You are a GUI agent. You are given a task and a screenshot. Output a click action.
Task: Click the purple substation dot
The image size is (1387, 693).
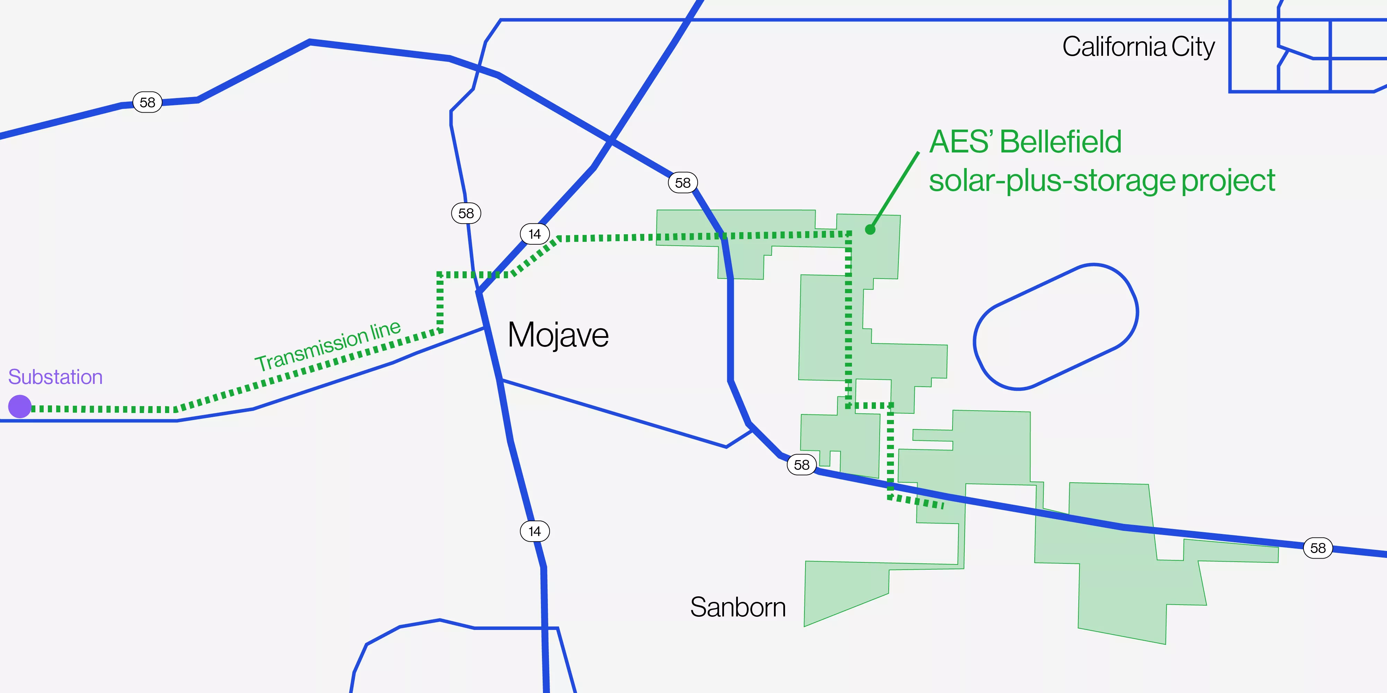20,406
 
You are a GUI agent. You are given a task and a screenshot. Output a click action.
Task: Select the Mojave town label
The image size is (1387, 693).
558,335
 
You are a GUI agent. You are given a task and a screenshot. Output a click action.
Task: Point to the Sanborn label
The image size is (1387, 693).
738,607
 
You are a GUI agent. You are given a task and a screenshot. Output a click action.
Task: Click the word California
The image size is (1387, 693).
1113,47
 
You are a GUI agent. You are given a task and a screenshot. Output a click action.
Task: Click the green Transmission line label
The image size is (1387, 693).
327,345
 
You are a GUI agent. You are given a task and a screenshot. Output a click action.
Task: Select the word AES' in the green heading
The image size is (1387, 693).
961,142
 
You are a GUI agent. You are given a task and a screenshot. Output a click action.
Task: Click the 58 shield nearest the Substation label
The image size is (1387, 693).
147,102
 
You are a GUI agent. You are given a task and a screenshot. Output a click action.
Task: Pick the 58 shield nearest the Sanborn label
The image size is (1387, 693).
801,464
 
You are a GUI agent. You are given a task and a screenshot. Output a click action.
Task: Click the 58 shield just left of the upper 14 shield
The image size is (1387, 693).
466,213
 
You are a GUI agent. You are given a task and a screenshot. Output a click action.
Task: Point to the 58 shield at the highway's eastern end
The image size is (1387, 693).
1318,548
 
